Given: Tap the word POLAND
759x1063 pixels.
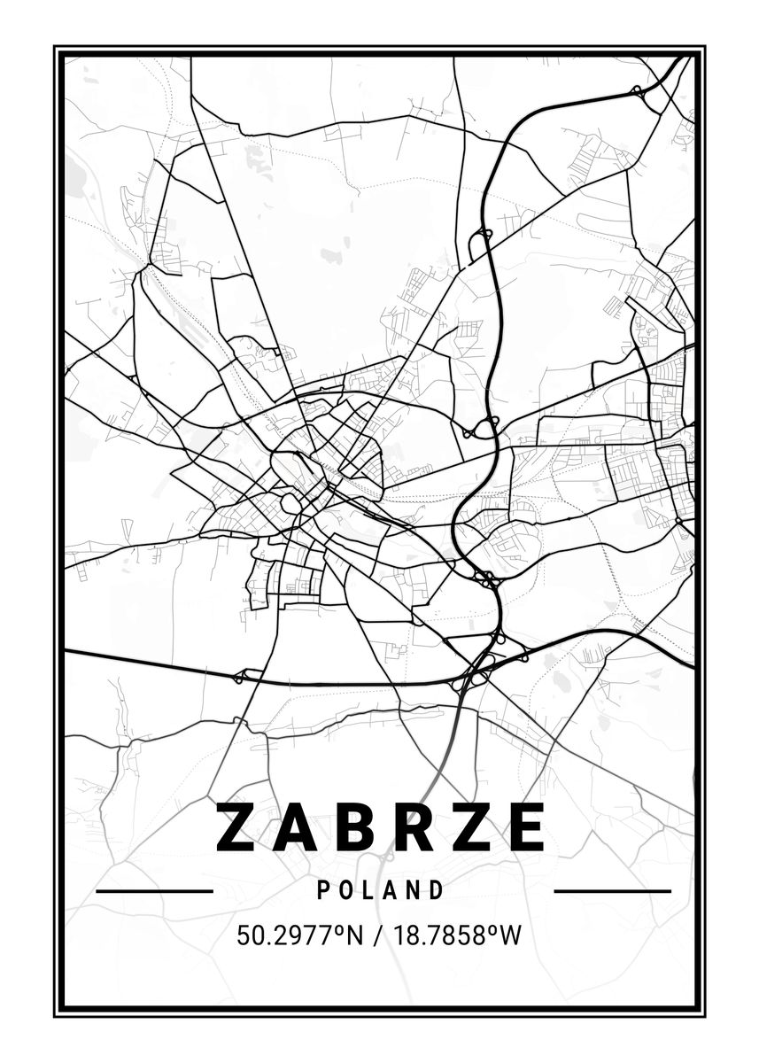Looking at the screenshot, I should pos(380,890).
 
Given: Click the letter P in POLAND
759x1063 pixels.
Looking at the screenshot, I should pos(323,890).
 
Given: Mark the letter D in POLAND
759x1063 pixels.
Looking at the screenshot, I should pos(436,890).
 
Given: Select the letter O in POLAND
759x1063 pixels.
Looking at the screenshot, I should pos(345,890).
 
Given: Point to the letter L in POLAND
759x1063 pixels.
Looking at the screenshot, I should pos(368,890).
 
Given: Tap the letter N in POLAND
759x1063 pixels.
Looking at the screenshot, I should pos(413,890).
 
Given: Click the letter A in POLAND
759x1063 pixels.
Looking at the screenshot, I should pos(390,890).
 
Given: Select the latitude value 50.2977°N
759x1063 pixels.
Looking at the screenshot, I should pos(300,935).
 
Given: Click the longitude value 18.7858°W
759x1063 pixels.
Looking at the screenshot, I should pos(453,935).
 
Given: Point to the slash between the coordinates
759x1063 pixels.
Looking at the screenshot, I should pos(377,935).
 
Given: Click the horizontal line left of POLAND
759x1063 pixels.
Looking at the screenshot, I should pos(154,890).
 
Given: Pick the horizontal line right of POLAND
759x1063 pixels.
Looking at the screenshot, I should pos(612,890).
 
